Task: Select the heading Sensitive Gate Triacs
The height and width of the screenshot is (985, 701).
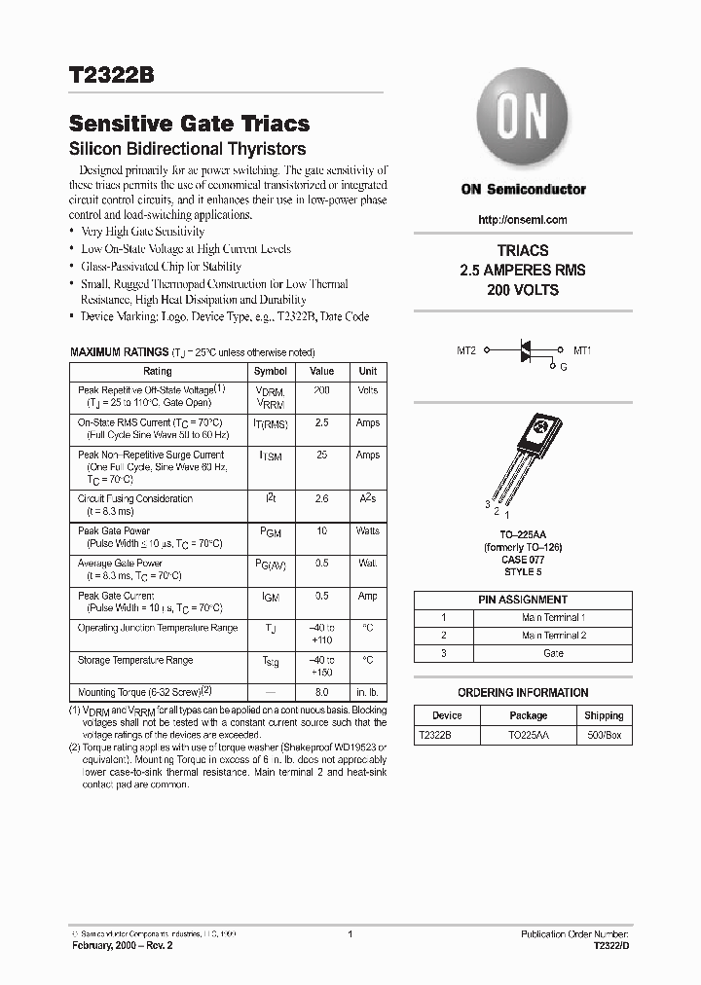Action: pos(189,124)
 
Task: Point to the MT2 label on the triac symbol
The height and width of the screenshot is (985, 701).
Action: pos(466,349)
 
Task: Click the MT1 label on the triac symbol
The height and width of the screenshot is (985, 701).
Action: pos(582,349)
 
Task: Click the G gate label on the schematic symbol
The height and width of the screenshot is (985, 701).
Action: pos(562,367)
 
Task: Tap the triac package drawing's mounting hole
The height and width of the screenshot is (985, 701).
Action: pos(539,424)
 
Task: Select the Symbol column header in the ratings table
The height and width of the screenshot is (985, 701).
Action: pos(270,371)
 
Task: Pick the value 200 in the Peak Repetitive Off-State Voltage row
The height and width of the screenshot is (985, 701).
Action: pos(321,390)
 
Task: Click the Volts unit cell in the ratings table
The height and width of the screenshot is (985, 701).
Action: pos(368,390)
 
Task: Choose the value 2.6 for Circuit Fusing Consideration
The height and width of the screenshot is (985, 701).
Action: pos(321,498)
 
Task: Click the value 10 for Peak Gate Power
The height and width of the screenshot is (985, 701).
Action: pos(321,530)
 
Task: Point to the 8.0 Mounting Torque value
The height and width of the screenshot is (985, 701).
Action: pos(321,691)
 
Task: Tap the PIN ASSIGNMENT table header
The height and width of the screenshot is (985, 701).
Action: pos(523,600)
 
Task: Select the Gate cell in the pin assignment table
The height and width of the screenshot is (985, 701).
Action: pos(553,653)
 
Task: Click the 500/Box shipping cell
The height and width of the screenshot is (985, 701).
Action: pos(604,736)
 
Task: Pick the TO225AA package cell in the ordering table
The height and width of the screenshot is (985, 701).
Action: pos(529,736)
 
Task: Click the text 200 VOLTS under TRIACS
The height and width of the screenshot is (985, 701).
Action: pos(523,291)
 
